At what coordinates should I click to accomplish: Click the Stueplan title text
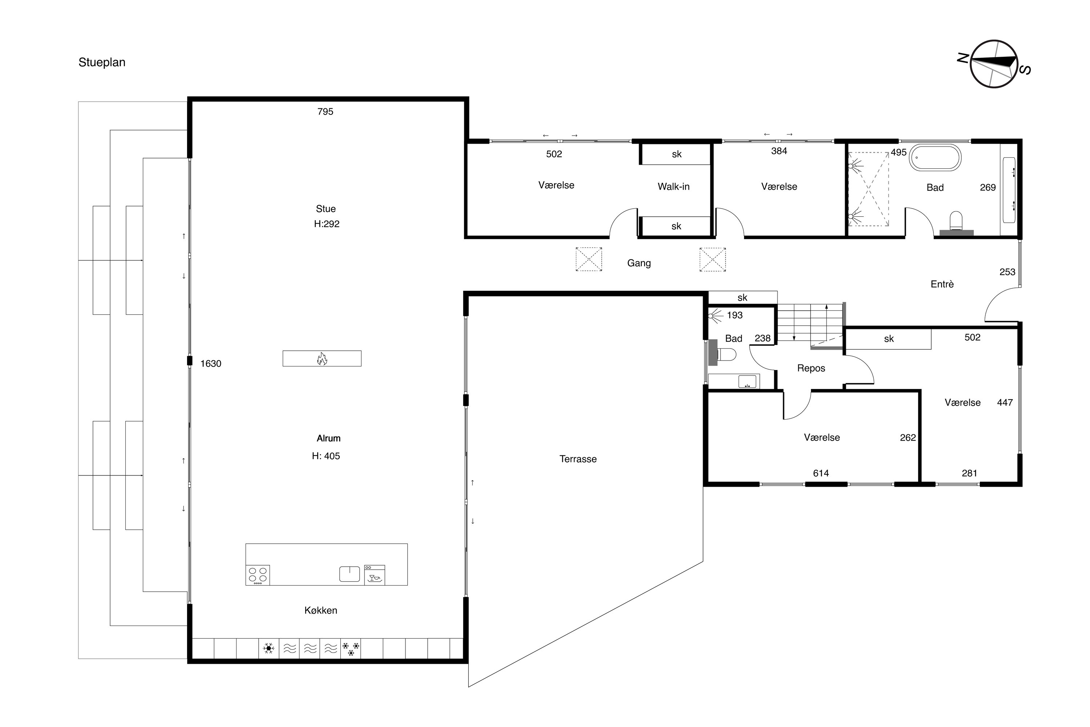pos(102,63)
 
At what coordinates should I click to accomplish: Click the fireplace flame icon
pos(322,358)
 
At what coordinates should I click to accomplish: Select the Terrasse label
pos(578,459)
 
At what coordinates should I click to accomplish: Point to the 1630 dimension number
pos(211,363)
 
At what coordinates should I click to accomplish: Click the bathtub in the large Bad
pos(935,158)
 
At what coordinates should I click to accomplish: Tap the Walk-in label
pos(673,186)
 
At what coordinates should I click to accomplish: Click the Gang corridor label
pos(639,263)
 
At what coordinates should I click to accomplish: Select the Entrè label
pos(942,284)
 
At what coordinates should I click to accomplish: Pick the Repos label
pos(811,368)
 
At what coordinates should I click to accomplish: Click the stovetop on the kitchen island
pos(258,575)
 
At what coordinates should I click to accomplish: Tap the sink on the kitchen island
pos(350,574)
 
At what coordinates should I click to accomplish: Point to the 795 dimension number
pos(325,112)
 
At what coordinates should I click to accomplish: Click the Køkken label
pos(321,611)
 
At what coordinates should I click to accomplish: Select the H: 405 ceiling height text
pos(326,456)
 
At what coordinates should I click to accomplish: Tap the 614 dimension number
pos(821,473)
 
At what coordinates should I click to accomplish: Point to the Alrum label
pos(328,438)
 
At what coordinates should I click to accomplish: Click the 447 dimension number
pos(1005,402)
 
